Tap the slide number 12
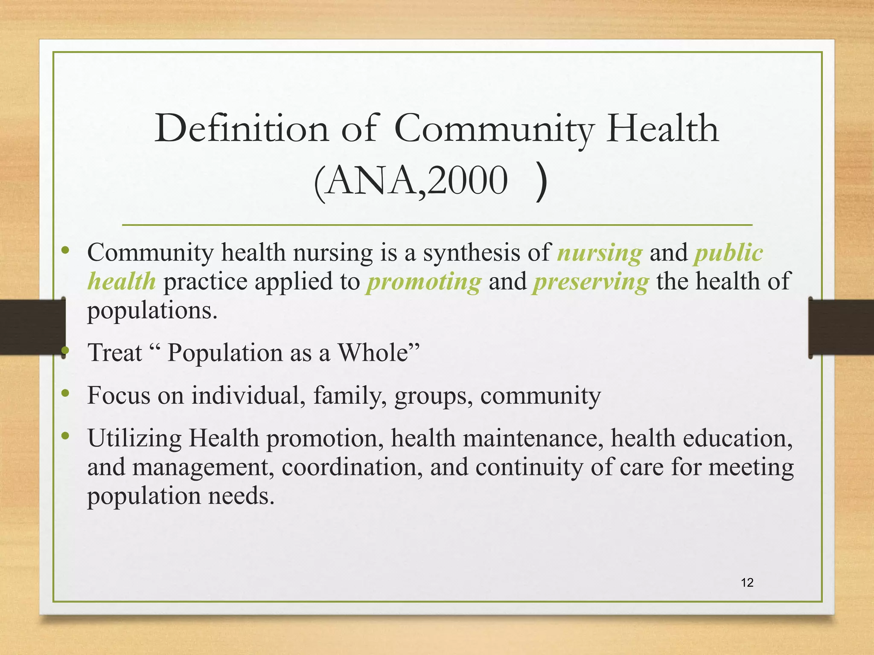[747, 583]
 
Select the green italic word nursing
[600, 253]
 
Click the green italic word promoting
[424, 282]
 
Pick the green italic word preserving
[591, 282]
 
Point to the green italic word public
[728, 253]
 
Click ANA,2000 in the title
[412, 181]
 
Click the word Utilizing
[134, 439]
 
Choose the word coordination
[352, 467]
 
